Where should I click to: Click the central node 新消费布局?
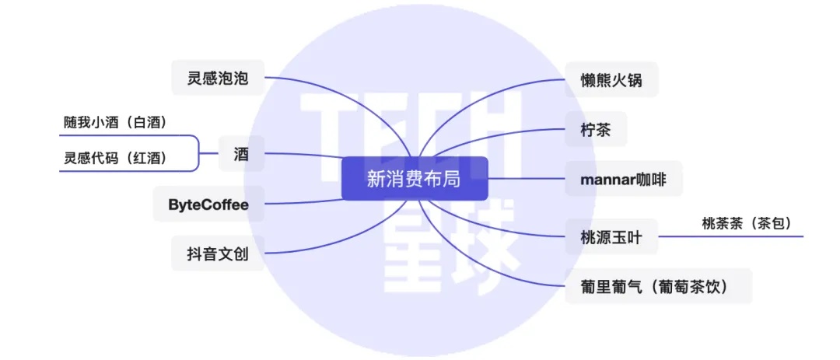pyautogui.click(x=415, y=178)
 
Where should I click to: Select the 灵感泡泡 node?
pyautogui.click(x=218, y=79)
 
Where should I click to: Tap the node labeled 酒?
pyautogui.click(x=241, y=154)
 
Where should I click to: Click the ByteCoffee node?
pyautogui.click(x=208, y=204)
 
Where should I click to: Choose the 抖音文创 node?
pyautogui.click(x=218, y=253)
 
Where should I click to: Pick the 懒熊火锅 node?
pyautogui.click(x=611, y=79)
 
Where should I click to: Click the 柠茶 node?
pyautogui.click(x=596, y=129)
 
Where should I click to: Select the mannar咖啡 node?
pyautogui.click(x=624, y=179)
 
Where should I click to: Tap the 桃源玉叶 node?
pyautogui.click(x=611, y=236)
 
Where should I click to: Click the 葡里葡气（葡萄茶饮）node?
pyautogui.click(x=659, y=286)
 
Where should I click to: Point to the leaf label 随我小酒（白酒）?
pyautogui.click(x=115, y=123)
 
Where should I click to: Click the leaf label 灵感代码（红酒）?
pyautogui.click(x=115, y=159)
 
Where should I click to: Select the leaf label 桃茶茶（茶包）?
pyautogui.click(x=747, y=223)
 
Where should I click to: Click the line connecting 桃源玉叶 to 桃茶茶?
pyautogui.click(x=730, y=236)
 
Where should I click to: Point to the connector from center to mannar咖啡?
pyautogui.click(x=527, y=178)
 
